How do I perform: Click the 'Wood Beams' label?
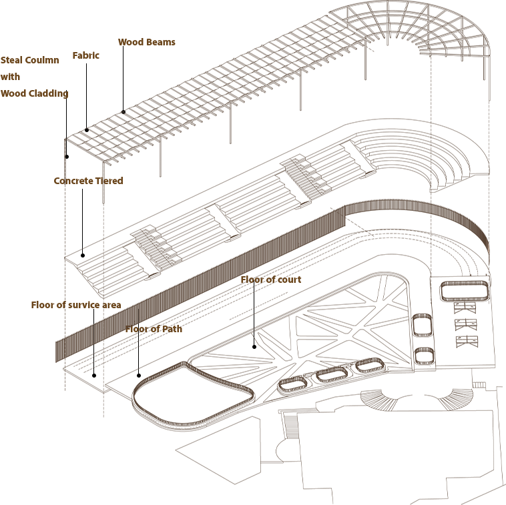(x=146, y=42)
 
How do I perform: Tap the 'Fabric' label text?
(x=86, y=55)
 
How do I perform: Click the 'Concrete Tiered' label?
(x=88, y=181)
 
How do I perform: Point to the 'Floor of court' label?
(x=271, y=280)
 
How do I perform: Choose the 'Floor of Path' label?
(x=154, y=329)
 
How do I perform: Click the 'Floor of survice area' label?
(x=76, y=305)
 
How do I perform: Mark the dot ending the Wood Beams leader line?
(x=123, y=112)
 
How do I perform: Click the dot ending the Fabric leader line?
(x=87, y=130)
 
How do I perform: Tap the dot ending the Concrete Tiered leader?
(x=83, y=256)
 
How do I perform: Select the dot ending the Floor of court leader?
(x=254, y=347)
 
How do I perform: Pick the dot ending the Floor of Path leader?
(x=139, y=376)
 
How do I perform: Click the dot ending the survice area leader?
(x=94, y=376)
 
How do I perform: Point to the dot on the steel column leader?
(x=67, y=157)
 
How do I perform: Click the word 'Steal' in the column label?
(x=11, y=60)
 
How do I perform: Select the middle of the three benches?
(x=466, y=324)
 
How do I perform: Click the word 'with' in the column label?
(x=10, y=77)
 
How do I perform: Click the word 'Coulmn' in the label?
(x=42, y=60)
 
